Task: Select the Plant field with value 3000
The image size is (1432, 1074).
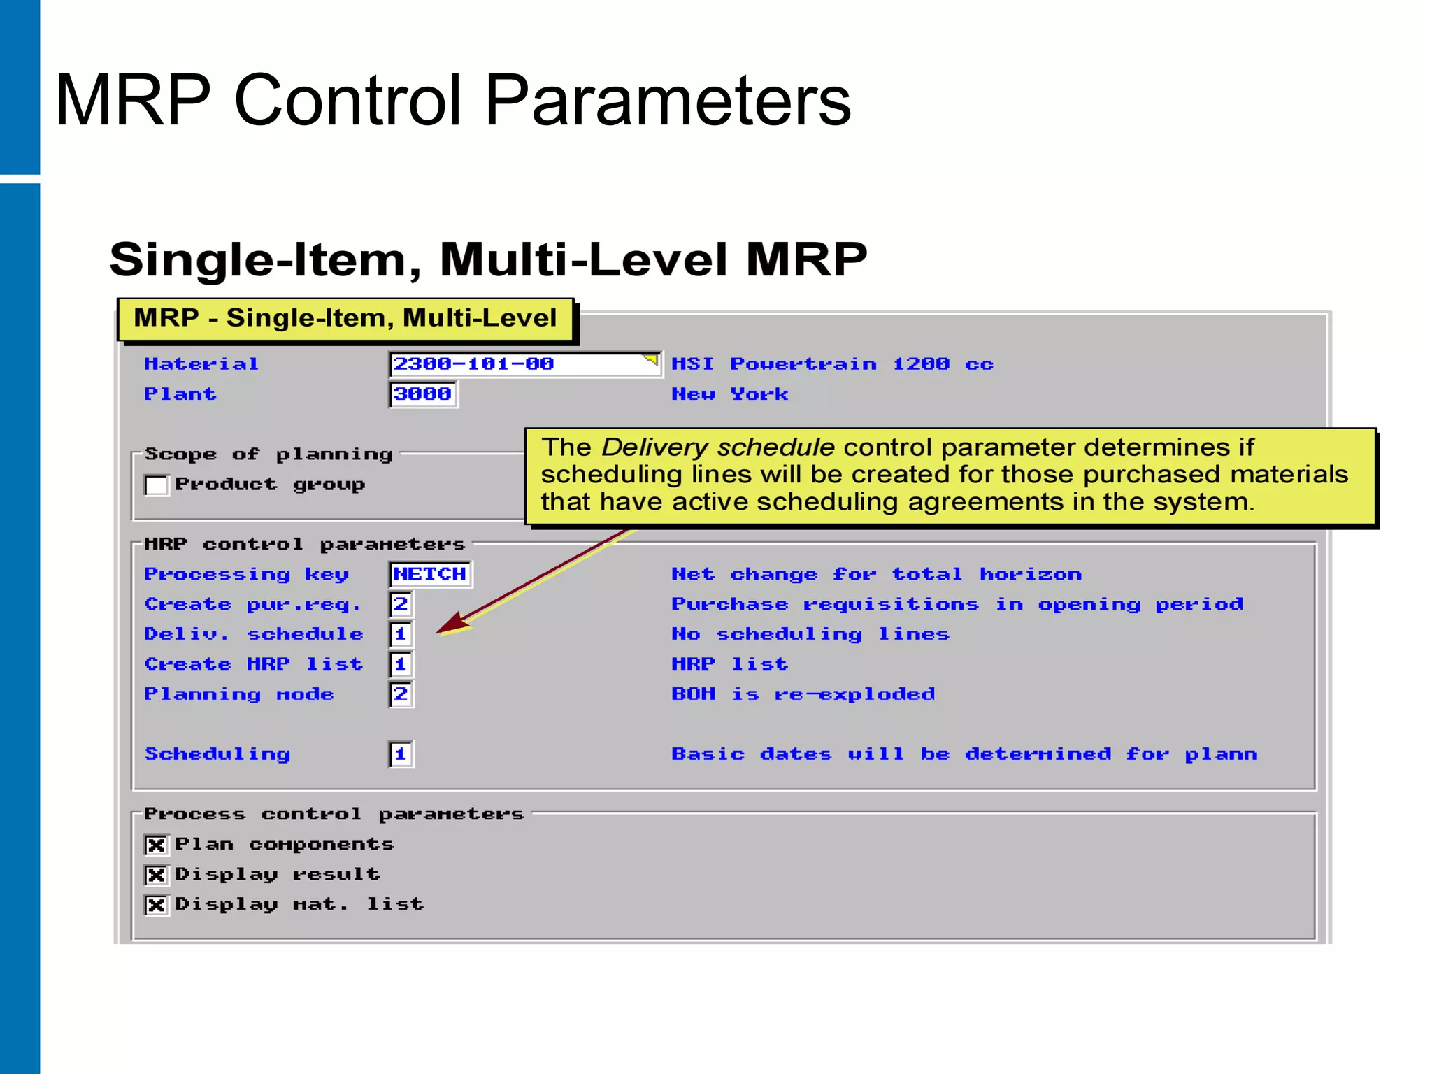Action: (x=423, y=394)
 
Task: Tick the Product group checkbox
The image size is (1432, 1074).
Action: (x=157, y=485)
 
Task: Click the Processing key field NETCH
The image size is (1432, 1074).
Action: (x=429, y=574)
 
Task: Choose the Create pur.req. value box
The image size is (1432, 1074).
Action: (x=401, y=604)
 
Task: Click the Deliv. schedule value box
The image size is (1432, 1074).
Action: (x=401, y=634)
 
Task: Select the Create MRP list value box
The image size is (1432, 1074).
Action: (x=401, y=664)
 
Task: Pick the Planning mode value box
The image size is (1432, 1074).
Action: (x=401, y=694)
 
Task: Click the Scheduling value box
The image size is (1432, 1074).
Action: (x=401, y=754)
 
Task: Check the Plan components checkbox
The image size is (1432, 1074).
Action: (x=156, y=845)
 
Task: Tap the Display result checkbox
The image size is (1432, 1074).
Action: (x=156, y=875)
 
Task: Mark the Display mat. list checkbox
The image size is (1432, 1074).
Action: (x=156, y=905)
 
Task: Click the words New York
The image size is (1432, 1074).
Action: (x=729, y=394)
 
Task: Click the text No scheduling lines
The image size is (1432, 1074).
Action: (x=810, y=634)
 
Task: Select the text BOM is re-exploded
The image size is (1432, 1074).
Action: (x=803, y=694)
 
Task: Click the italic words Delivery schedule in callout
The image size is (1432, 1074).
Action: (x=717, y=447)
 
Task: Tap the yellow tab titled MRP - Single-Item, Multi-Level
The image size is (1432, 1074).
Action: (x=345, y=319)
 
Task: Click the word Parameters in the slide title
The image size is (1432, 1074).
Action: (x=667, y=101)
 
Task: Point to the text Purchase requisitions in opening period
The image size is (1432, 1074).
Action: (x=957, y=604)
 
